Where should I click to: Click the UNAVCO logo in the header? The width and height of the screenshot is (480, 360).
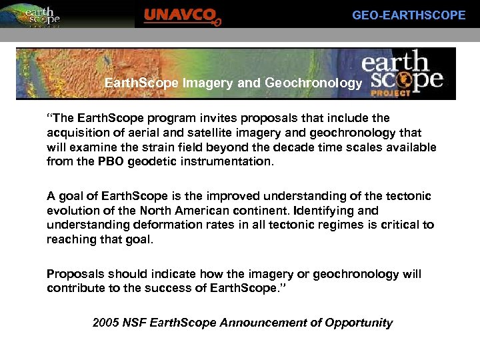coord(182,16)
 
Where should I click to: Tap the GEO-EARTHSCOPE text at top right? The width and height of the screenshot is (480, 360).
coord(409,15)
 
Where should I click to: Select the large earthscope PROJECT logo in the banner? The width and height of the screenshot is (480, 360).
coord(403,73)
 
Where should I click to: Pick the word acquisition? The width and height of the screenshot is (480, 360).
coord(75,133)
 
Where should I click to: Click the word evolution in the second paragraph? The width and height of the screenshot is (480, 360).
coord(72,211)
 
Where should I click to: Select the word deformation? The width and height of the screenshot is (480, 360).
coord(161,225)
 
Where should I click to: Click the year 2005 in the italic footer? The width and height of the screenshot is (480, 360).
coord(106,323)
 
